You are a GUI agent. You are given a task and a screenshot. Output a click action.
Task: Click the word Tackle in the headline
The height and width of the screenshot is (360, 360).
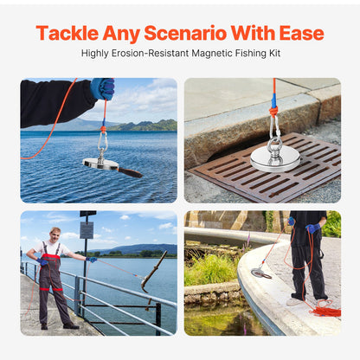click(x=66, y=34)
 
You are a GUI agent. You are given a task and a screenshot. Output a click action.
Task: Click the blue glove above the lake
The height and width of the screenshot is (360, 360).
click(x=103, y=88)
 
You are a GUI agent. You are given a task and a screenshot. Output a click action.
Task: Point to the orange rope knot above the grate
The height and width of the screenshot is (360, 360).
click(x=273, y=109)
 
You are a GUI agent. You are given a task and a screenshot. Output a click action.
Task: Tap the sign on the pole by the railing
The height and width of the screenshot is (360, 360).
click(x=87, y=229)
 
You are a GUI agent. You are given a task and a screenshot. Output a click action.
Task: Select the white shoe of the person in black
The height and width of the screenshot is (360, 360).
click(x=294, y=301)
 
